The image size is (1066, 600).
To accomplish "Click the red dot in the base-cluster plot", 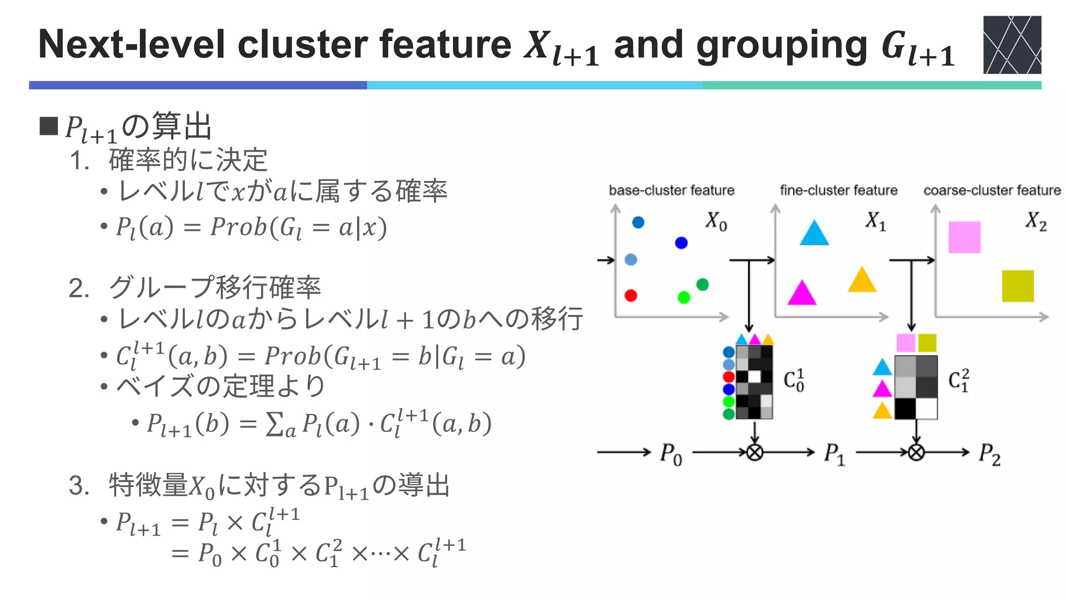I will point(631,296).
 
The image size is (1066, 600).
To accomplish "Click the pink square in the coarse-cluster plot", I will point(964,238).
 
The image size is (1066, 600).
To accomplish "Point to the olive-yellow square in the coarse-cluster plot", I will point(1018,286).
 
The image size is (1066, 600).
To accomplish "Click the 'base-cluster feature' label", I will point(671,191).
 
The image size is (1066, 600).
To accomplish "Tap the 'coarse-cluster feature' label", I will point(992,191).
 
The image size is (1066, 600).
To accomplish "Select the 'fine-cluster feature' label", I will point(839,191).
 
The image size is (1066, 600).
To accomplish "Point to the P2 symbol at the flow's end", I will point(989,454).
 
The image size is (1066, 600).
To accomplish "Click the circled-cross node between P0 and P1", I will point(755,452).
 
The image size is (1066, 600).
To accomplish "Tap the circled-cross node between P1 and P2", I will point(917,452).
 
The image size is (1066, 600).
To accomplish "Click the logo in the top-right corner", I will point(1012,45).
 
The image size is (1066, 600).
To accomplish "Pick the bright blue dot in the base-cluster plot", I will point(681,243).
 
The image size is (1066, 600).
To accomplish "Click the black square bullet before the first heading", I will point(49,126).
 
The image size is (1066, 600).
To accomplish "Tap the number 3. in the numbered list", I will point(79,486).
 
